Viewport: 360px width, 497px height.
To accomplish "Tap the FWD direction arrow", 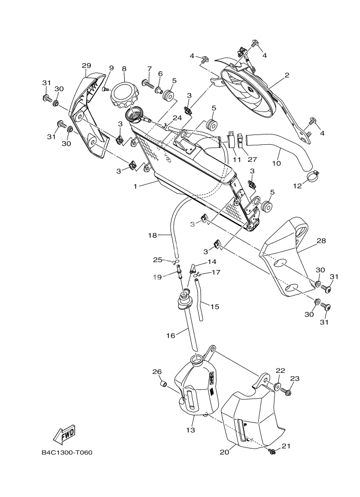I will (64, 434).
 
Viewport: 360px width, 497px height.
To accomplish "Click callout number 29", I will (86, 66).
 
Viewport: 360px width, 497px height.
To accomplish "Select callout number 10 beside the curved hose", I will (276, 163).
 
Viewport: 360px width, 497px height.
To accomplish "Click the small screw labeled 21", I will (272, 450).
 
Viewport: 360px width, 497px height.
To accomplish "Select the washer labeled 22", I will (277, 386).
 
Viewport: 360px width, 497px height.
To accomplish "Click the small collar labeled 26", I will (161, 385).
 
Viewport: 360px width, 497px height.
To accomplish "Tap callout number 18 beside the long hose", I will (152, 235).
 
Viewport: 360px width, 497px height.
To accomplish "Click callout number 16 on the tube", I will (170, 336).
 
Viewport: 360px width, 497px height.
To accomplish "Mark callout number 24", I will (178, 118).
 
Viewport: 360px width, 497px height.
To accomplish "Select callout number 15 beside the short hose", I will (215, 306).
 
